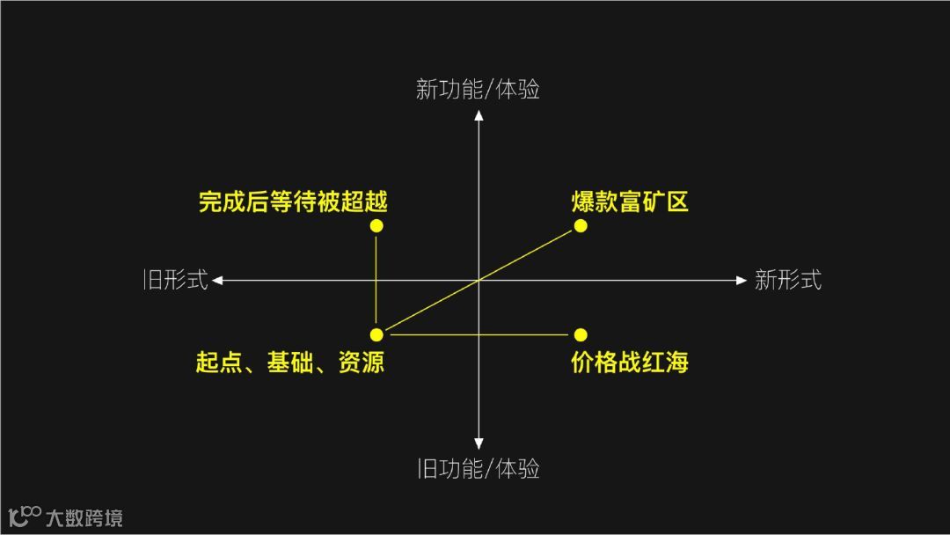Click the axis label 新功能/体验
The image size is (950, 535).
point(478,90)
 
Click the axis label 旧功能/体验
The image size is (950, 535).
point(478,469)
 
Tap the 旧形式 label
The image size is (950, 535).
point(176,280)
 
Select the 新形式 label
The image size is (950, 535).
point(788,280)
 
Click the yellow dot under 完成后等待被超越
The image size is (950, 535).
point(376,226)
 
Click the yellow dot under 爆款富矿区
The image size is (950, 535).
point(581,226)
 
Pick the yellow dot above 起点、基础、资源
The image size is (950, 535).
point(376,334)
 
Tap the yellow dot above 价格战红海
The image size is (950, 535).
point(581,334)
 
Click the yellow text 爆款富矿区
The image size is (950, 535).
point(630,202)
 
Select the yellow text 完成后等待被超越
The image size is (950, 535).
point(293,202)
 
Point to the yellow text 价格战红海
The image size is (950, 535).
point(630,362)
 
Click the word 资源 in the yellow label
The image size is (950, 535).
point(362,362)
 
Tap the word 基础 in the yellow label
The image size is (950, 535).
point(290,362)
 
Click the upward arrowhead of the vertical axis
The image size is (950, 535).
point(479,115)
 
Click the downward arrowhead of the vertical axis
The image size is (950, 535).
point(479,444)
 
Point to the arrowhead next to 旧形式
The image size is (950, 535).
point(217,281)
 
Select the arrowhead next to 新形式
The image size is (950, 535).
point(741,281)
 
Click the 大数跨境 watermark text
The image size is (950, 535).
point(84,517)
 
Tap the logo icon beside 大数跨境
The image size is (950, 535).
point(25,516)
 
